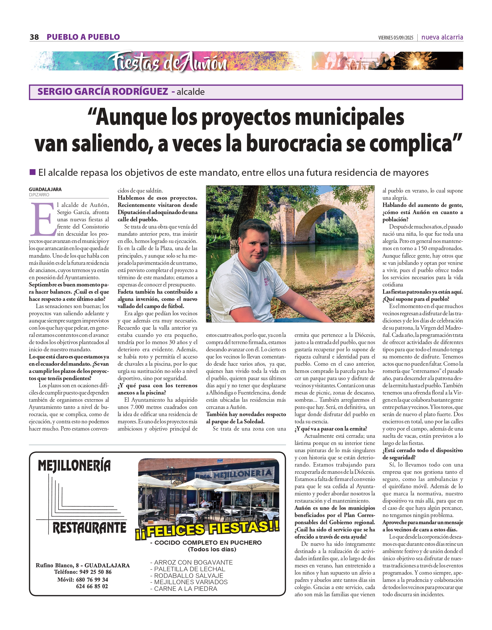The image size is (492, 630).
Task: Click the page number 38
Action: pyautogui.click(x=34, y=37)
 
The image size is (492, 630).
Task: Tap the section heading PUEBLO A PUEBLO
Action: pyautogui.click(x=83, y=37)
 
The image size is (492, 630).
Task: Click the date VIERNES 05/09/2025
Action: pyautogui.click(x=396, y=38)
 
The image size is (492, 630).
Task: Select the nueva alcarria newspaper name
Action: pyautogui.click(x=442, y=37)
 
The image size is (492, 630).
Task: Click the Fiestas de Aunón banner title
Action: pyautogui.click(x=167, y=62)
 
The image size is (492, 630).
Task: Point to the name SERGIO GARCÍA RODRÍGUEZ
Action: pyautogui.click(x=103, y=91)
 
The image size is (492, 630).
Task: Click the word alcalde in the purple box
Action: pyautogui.click(x=191, y=92)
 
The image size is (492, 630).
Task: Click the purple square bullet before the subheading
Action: pyautogui.click(x=33, y=172)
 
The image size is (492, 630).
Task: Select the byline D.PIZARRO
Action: pyautogui.click(x=39, y=195)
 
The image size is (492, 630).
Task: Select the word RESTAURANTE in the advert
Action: pyautogui.click(x=89, y=528)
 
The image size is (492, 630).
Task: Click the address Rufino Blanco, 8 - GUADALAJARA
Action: pyautogui.click(x=82, y=565)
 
